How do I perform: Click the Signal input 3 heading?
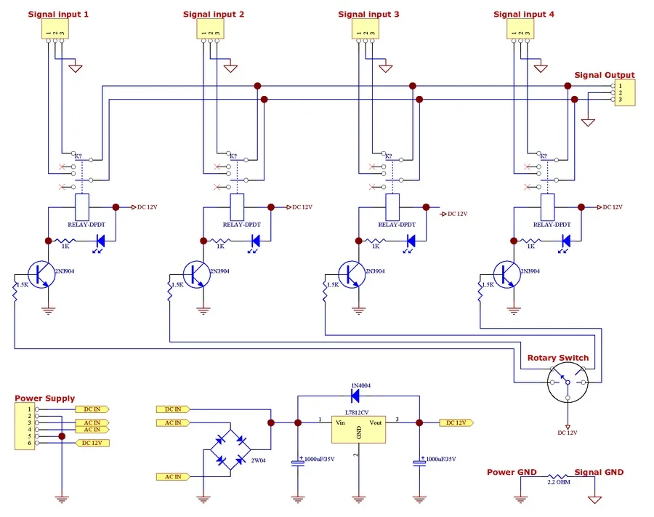tap(368, 15)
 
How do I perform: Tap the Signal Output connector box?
tap(623, 92)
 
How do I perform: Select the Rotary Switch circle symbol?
tap(568, 383)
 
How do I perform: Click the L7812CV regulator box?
tap(358, 428)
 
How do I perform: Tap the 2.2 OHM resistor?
tap(557, 476)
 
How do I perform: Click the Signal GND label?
tap(599, 472)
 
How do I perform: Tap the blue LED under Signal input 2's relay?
tap(256, 241)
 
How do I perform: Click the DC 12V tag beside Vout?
tap(457, 422)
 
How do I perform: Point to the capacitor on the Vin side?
tap(297, 462)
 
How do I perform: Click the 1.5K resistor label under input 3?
tap(332, 284)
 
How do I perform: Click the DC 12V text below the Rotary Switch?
tap(568, 433)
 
